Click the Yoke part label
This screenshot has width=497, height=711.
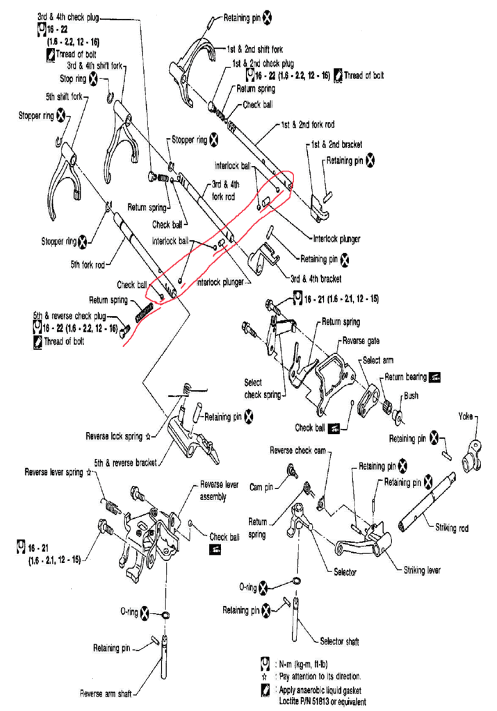click(x=465, y=416)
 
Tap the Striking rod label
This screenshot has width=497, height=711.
click(x=452, y=528)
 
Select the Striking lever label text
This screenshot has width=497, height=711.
click(x=422, y=570)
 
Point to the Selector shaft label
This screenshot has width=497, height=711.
click(x=339, y=641)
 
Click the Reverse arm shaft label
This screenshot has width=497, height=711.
click(x=106, y=694)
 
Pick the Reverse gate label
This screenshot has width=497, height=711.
click(x=361, y=340)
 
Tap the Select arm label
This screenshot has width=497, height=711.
click(x=378, y=360)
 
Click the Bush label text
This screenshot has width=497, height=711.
click(x=411, y=395)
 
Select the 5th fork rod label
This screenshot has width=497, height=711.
click(x=87, y=265)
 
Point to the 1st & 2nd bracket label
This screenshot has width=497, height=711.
click(x=336, y=144)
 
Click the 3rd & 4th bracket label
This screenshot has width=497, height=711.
click(x=316, y=278)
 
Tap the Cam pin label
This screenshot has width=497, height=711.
click(x=261, y=487)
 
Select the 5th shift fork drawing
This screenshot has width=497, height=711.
click(x=66, y=181)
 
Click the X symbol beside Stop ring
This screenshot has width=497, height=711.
click(x=92, y=79)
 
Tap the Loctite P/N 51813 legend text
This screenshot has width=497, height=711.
click(x=323, y=701)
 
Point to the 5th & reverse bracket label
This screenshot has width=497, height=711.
click(x=125, y=462)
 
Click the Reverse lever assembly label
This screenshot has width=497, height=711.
click(x=219, y=490)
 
